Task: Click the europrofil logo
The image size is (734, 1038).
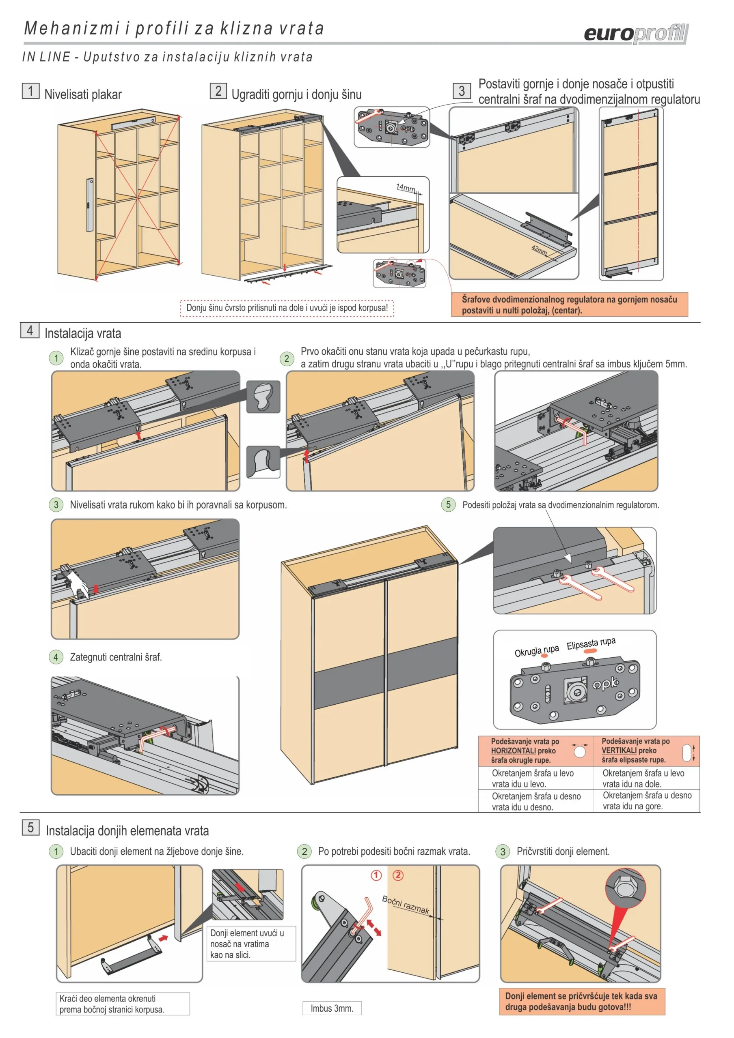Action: tap(636, 34)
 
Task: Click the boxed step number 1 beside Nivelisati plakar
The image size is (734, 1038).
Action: tap(31, 90)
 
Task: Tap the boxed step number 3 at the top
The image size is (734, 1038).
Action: tap(462, 91)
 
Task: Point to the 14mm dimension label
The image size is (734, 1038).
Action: tap(406, 187)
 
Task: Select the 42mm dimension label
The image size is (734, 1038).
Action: tap(539, 249)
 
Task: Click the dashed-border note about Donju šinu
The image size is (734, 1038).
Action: tap(287, 308)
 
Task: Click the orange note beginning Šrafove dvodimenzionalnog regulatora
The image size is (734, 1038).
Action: tap(569, 305)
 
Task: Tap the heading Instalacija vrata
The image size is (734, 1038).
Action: tap(83, 334)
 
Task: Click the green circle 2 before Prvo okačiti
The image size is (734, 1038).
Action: tap(287, 359)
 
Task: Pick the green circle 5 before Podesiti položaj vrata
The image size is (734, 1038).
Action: tap(448, 504)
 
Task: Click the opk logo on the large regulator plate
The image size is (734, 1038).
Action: tap(605, 683)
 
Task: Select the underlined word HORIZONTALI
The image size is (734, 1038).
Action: tap(513, 751)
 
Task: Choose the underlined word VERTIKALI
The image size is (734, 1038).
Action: tap(619, 751)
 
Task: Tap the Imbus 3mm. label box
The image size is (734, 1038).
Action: tap(332, 1008)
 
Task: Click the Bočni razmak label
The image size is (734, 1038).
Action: tap(406, 905)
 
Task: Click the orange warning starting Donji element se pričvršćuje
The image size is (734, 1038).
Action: tap(582, 1002)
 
